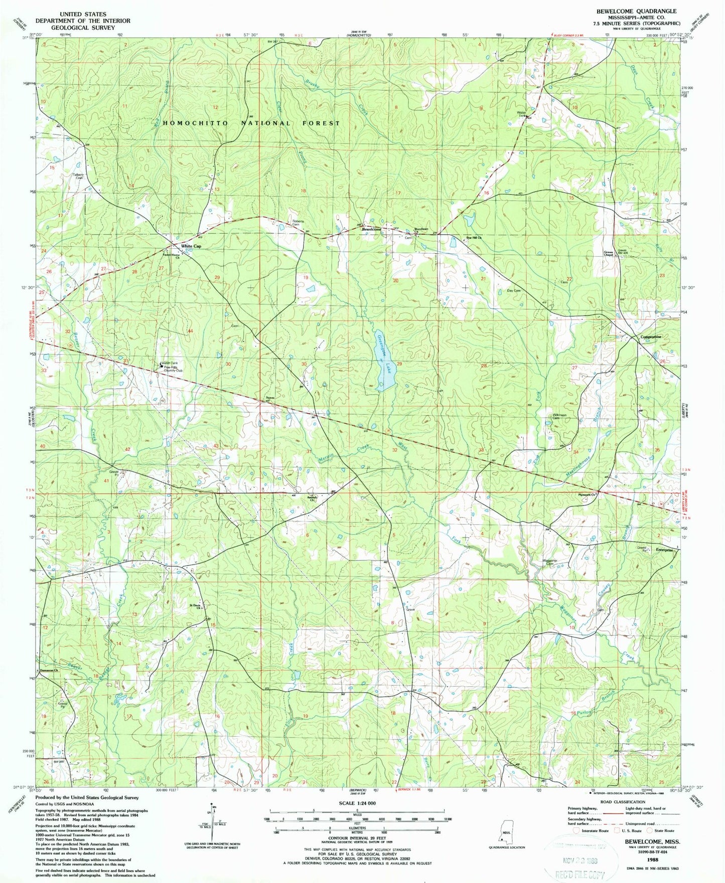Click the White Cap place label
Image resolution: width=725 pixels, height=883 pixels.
tap(191, 246)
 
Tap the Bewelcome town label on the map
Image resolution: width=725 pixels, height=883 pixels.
tap(372, 229)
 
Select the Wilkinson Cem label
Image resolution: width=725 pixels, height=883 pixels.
tap(559, 416)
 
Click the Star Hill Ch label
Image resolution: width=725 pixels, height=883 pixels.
tap(474, 238)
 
